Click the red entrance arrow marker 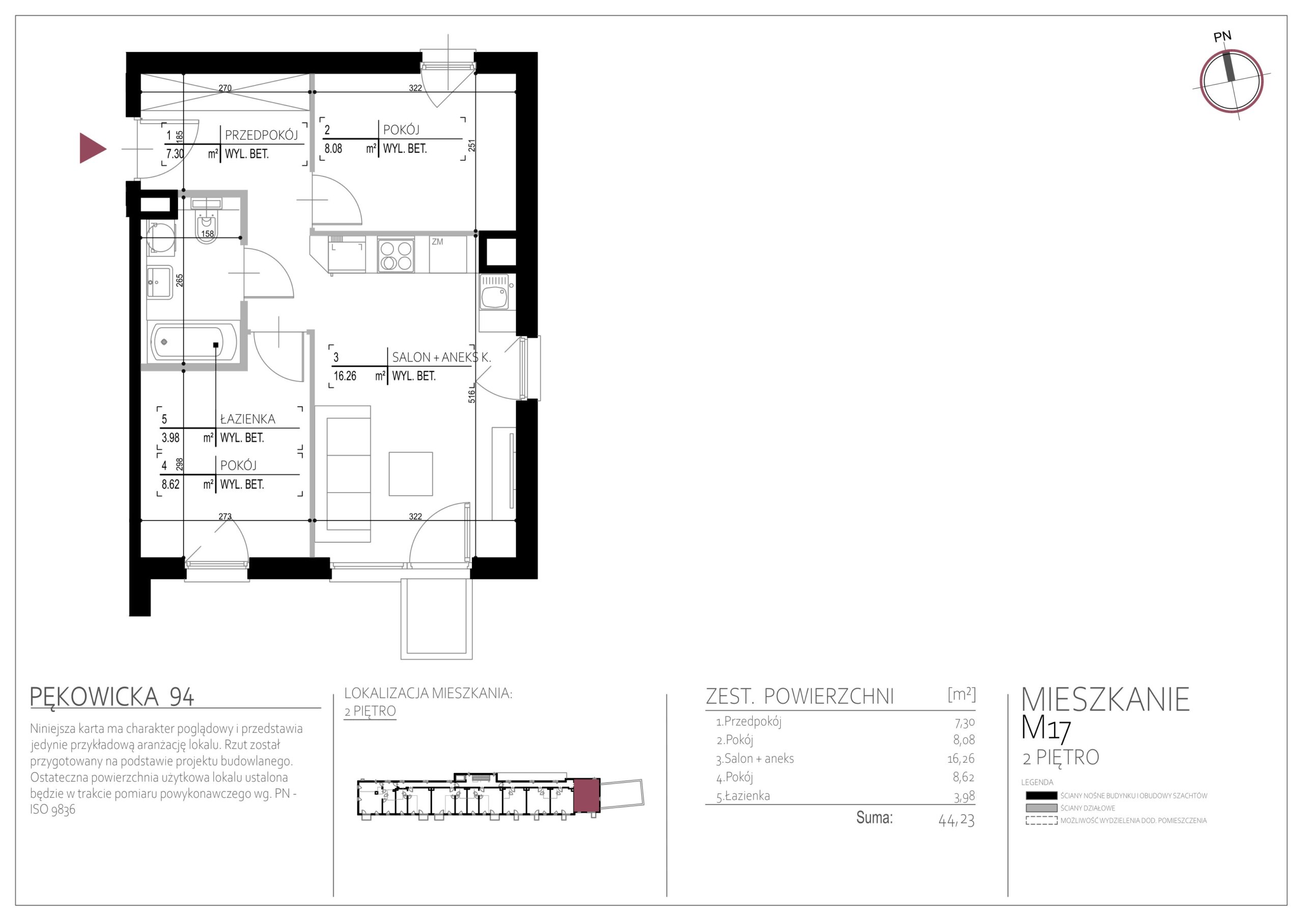pos(93,148)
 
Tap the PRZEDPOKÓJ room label pos(261,135)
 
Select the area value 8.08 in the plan pos(333,149)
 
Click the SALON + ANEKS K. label pos(441,358)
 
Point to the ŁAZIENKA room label pos(247,419)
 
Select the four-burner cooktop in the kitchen pos(395,255)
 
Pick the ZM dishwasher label pos(437,242)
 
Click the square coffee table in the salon pos(411,474)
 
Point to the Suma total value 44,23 pos(956,821)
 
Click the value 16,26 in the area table pos(960,759)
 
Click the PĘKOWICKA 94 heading pos(112,697)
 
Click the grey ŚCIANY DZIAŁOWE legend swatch pos(1041,808)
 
